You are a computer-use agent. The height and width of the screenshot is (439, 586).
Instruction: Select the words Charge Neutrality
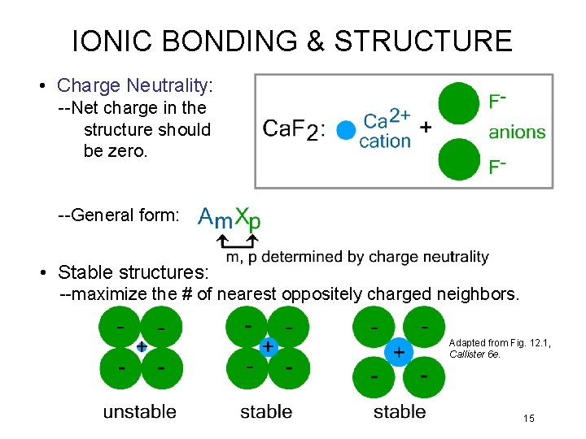pos(133,85)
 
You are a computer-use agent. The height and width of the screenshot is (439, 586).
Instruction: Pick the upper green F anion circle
pos(459,102)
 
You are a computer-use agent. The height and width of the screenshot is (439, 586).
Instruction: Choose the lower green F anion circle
pos(459,159)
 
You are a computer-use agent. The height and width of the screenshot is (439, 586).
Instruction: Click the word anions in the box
pos(517,132)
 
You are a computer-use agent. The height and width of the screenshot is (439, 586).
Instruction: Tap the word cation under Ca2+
pos(385,141)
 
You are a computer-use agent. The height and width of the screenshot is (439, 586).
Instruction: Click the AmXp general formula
pos(230,217)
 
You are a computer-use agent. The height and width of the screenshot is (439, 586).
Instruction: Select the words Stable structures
pos(134,272)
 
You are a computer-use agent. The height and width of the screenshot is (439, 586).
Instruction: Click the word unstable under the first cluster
pos(139,411)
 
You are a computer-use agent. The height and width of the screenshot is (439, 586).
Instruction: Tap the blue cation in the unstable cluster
pos(141,346)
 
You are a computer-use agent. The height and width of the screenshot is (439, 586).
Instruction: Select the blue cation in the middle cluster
pos(268,347)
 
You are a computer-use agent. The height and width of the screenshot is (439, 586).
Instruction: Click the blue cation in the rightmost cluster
pos(399,352)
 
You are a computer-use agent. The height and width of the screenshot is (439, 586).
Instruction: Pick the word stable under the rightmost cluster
pos(399,411)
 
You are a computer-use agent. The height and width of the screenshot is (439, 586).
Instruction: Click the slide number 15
pos(529,419)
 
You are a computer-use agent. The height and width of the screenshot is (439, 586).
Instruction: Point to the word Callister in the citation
pos(467,354)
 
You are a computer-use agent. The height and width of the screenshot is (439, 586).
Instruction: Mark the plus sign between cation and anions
pos(425,128)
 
